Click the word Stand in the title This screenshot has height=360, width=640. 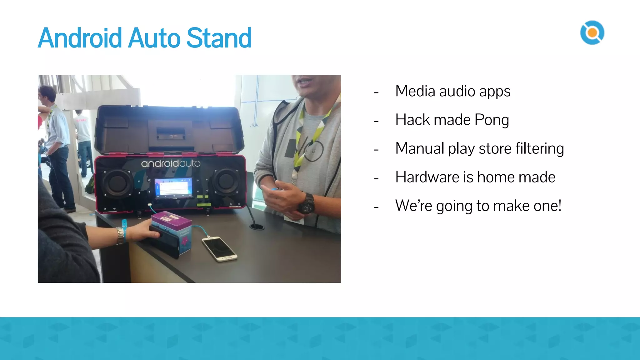[219, 38]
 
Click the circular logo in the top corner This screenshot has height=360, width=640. [592, 32]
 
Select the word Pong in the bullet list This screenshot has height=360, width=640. [492, 120]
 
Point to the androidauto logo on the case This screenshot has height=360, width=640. [171, 163]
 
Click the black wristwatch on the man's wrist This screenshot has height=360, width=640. [307, 204]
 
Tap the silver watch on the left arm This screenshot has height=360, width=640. [120, 235]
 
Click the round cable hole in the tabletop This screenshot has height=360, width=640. [257, 226]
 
